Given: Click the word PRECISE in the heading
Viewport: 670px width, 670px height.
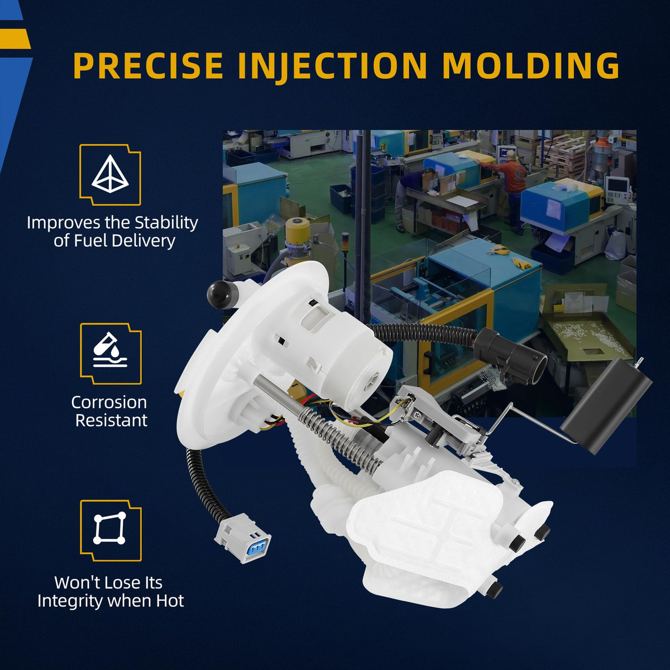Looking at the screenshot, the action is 148,65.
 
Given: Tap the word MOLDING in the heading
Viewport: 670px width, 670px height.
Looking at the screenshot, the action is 531,65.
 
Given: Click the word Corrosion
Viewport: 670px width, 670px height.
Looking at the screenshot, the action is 109,402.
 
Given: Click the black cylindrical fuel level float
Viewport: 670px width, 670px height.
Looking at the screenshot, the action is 606,405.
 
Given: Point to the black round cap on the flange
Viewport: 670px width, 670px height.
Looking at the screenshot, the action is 221,294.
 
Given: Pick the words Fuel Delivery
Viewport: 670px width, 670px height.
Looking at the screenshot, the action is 114,241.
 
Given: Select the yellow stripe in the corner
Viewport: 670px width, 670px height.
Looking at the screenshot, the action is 15,39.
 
